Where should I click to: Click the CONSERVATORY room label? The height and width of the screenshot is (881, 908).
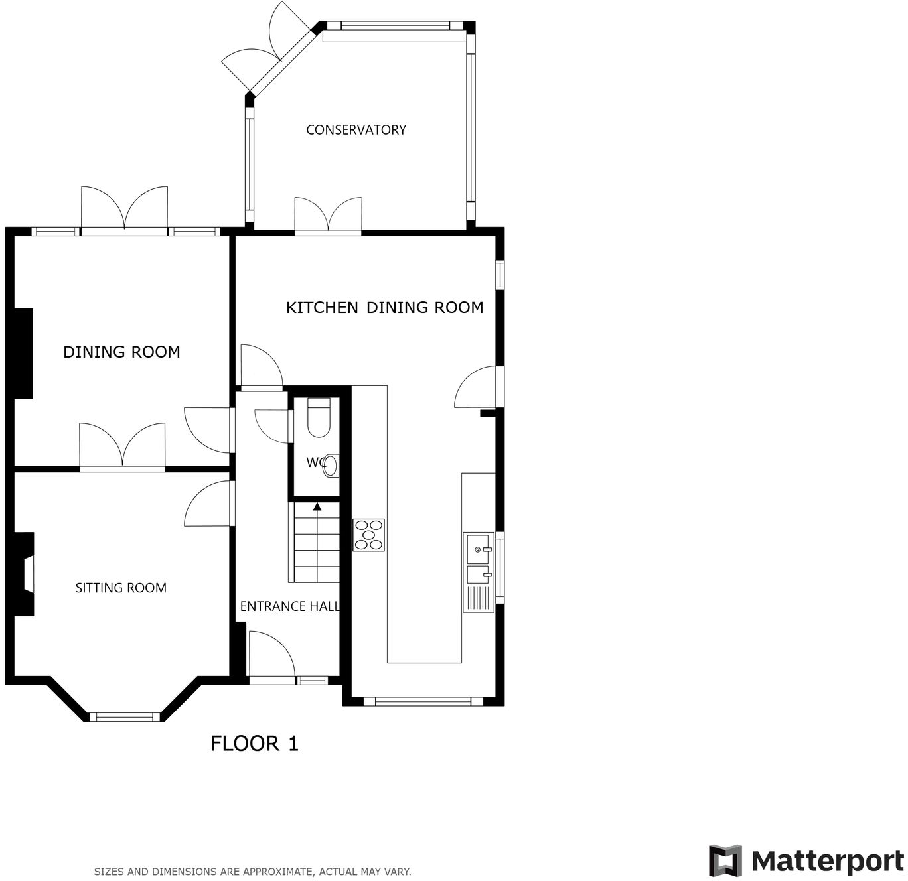[x=356, y=130]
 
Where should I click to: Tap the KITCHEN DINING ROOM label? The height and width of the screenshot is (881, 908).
[x=384, y=308]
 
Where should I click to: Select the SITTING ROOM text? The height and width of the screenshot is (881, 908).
[x=121, y=588]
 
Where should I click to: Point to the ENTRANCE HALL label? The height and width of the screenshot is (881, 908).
[x=290, y=606]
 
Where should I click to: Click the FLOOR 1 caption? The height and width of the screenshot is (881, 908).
[x=254, y=744]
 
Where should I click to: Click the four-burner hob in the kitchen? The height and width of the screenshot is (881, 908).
[x=368, y=535]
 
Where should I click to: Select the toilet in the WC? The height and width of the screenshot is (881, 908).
[x=319, y=418]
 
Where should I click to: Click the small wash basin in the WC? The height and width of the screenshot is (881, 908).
[x=331, y=466]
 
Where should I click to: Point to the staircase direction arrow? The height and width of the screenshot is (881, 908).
[x=317, y=508]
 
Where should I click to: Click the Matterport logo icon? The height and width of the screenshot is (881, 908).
[x=725, y=861]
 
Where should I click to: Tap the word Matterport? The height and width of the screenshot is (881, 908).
[x=827, y=861]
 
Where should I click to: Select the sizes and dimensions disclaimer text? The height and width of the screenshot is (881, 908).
[x=252, y=872]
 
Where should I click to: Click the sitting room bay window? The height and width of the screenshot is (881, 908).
[x=125, y=716]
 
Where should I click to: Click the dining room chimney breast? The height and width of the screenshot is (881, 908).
[x=23, y=353]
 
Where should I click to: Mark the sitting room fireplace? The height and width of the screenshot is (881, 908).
[x=25, y=574]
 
